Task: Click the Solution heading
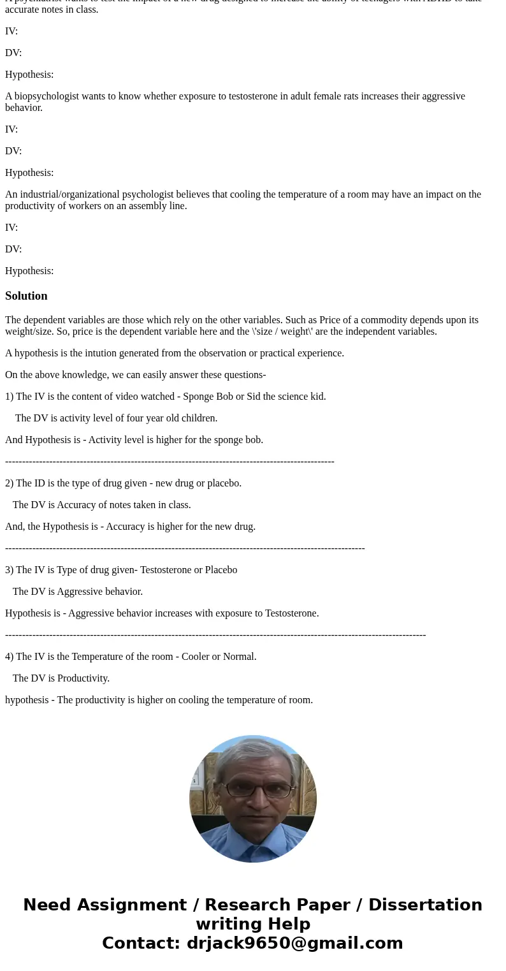coord(26,296)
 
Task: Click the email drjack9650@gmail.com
coord(294,943)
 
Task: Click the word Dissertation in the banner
coord(425,905)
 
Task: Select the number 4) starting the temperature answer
coord(9,657)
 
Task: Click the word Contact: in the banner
coord(141,943)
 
